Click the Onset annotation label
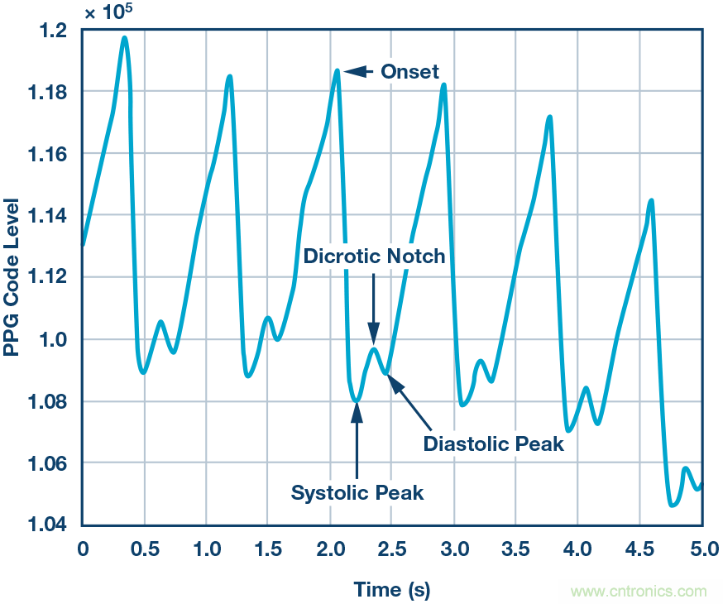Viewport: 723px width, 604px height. click(x=409, y=72)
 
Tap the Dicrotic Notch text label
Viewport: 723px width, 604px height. click(x=374, y=256)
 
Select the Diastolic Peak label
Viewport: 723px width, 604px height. click(x=493, y=443)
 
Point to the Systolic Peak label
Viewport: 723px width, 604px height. click(x=357, y=493)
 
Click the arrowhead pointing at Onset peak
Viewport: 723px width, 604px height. click(x=349, y=72)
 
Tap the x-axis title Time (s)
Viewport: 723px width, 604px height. click(x=392, y=590)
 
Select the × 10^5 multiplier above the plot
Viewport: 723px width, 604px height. click(x=108, y=12)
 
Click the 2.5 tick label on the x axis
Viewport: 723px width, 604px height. click(x=392, y=548)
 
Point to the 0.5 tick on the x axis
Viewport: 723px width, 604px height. click(x=144, y=548)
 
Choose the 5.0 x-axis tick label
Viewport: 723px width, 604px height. click(x=701, y=548)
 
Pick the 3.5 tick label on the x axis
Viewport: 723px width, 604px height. click(x=516, y=548)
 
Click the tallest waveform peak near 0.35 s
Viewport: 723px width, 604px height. click(x=124, y=37)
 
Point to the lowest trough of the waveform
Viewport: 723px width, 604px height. click(x=673, y=504)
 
